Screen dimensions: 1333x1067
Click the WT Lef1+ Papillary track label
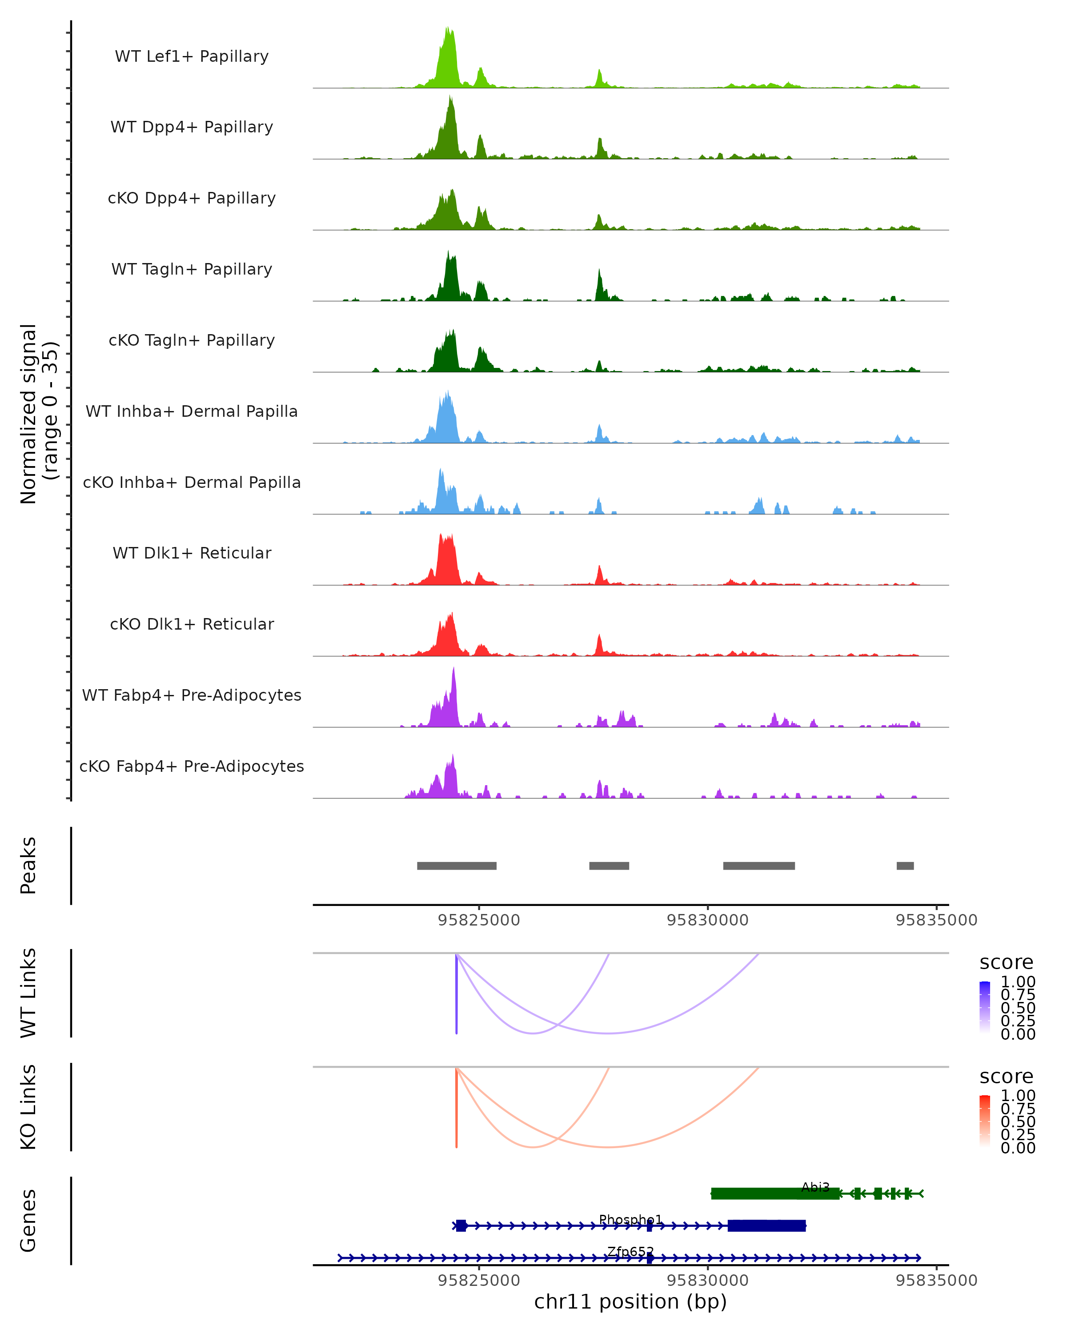coord(192,56)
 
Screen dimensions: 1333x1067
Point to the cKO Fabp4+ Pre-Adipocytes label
coord(192,766)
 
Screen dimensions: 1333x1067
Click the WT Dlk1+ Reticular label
coord(192,553)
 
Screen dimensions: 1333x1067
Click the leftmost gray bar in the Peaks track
coord(457,866)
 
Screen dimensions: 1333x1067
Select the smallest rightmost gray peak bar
coord(905,866)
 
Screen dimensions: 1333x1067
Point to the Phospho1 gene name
coord(630,1219)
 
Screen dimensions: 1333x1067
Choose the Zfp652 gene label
coord(630,1251)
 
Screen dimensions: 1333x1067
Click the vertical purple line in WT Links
coord(457,994)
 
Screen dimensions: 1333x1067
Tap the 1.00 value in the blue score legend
coord(1018,982)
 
